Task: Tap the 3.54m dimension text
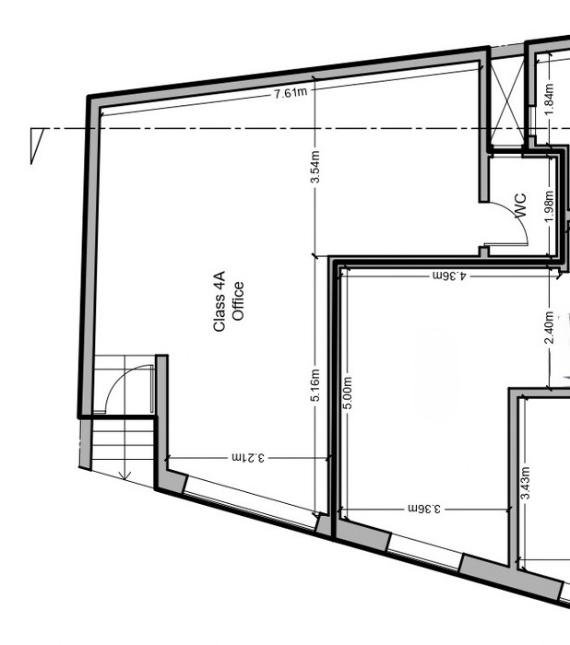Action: [x=315, y=168]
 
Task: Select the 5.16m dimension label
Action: [x=315, y=386]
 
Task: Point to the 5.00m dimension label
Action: [x=348, y=393]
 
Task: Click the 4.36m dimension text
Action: [x=450, y=275]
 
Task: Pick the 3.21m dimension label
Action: [x=249, y=457]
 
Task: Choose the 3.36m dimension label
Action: [x=425, y=509]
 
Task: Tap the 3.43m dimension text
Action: [x=525, y=485]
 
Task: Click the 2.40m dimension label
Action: [x=550, y=329]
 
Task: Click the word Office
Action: [x=238, y=301]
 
